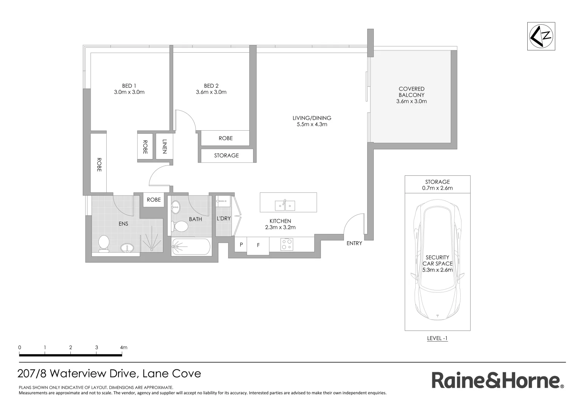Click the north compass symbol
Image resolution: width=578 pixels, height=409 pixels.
(541, 36)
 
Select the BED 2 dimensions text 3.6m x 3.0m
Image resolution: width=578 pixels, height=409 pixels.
(211, 92)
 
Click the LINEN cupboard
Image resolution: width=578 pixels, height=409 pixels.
(164, 147)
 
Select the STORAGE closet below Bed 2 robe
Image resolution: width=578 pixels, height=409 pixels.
(226, 155)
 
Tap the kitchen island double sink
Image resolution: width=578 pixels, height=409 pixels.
(285, 205)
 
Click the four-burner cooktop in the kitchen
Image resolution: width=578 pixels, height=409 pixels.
(286, 244)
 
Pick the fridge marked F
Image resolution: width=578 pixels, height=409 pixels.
(258, 245)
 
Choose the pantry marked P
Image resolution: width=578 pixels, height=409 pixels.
(241, 245)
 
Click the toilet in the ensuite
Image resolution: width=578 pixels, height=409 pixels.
(103, 244)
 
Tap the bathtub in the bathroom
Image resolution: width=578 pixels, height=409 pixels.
(190, 247)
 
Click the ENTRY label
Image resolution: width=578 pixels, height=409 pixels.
(354, 243)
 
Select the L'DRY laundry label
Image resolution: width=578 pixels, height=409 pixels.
(224, 219)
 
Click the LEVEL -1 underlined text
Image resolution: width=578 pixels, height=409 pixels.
(437, 338)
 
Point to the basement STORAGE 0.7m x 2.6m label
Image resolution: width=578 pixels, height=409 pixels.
(437, 185)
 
